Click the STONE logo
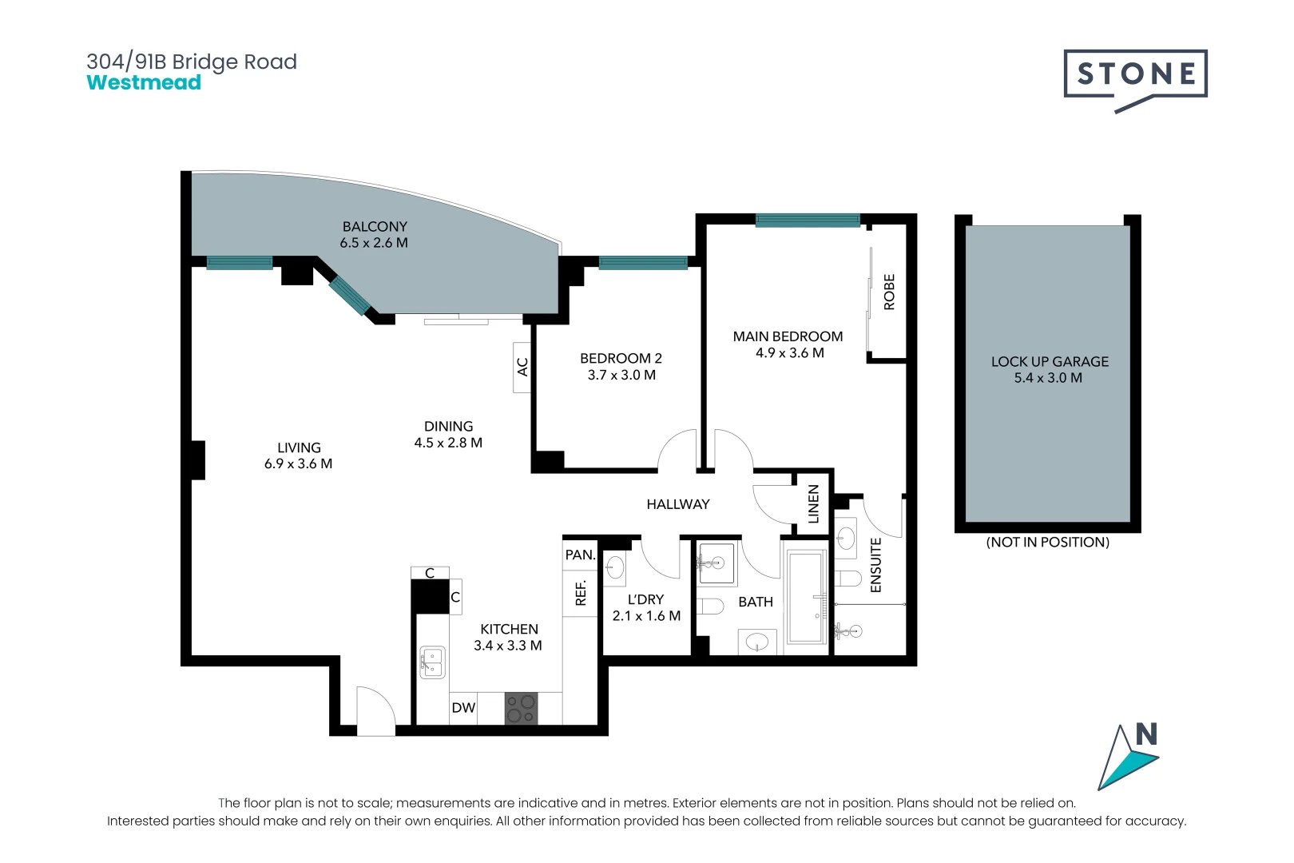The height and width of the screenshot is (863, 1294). (x=1135, y=81)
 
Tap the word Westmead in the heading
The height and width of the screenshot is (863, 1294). (x=144, y=82)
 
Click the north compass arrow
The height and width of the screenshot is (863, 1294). (x=1128, y=758)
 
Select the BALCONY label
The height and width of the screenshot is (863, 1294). (x=375, y=227)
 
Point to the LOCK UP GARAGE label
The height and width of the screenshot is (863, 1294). (x=1050, y=362)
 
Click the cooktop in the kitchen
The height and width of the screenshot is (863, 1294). (x=521, y=709)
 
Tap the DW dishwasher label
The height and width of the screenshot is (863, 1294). (x=463, y=707)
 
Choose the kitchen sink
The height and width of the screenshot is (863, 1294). (x=432, y=662)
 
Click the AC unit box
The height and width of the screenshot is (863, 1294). (x=522, y=367)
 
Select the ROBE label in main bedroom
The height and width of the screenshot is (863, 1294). (x=889, y=292)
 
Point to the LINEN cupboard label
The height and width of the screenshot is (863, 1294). (x=813, y=504)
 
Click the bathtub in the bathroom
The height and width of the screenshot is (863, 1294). (x=806, y=598)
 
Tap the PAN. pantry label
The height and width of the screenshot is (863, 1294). (x=580, y=555)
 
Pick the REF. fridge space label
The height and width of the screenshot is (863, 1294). (x=581, y=593)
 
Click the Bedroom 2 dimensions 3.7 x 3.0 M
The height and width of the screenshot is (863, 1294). (x=621, y=375)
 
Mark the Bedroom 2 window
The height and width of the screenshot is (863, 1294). (x=643, y=263)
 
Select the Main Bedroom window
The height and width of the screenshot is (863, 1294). (x=808, y=221)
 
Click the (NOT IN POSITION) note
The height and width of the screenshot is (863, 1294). (x=1048, y=543)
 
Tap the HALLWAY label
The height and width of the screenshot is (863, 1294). (x=678, y=505)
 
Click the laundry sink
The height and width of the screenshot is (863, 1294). (x=615, y=567)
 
